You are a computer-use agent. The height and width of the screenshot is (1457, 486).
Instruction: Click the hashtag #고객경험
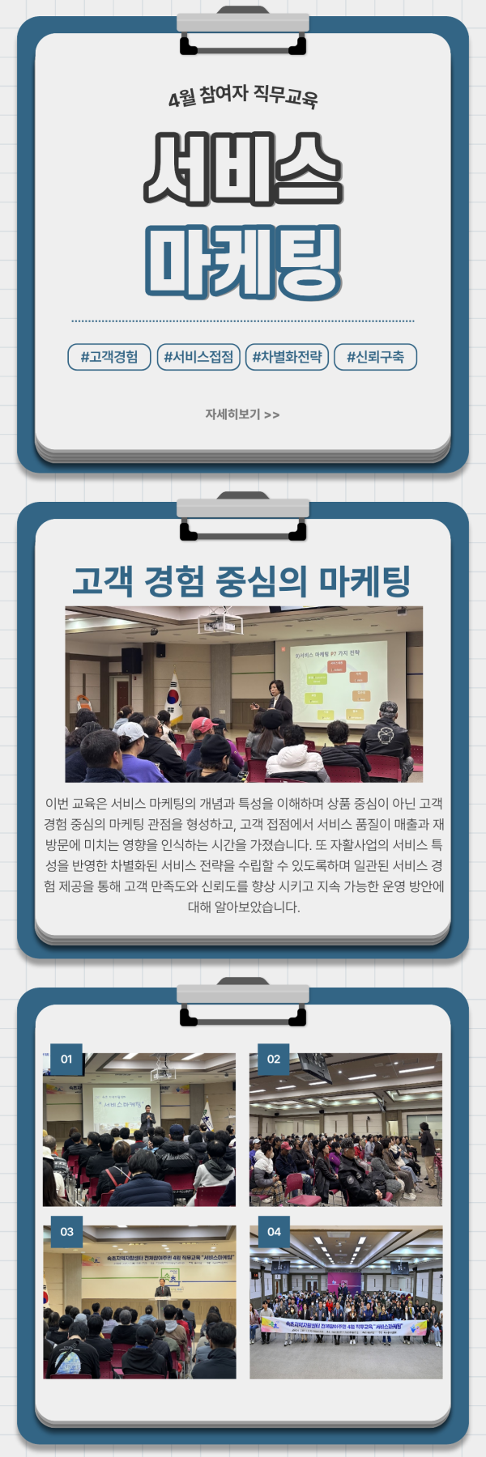point(109,357)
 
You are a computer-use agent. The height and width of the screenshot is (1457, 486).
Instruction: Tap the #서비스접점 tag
point(198,357)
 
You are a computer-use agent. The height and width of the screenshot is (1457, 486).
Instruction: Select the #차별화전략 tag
point(287,357)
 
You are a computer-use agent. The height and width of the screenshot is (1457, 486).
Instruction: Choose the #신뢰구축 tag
point(375,357)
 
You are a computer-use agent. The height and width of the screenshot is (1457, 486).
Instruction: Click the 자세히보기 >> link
point(242,414)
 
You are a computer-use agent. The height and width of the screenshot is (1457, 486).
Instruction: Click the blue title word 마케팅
point(243,261)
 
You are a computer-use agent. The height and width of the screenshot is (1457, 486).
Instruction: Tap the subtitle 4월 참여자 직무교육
point(243,96)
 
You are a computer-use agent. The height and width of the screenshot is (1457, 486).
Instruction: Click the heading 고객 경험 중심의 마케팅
point(242,581)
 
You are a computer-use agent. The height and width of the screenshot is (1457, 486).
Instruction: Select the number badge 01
point(66,1059)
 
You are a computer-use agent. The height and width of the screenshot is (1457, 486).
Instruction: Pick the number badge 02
point(274,1059)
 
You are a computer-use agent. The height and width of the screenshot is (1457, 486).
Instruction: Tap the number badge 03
point(66,1232)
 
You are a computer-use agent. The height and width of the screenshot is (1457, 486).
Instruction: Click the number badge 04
point(274,1232)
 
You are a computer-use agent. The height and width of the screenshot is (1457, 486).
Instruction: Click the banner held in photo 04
point(343,1327)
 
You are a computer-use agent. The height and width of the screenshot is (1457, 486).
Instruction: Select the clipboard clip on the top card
point(243,32)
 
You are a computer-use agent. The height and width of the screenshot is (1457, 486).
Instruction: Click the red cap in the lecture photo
point(202,724)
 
